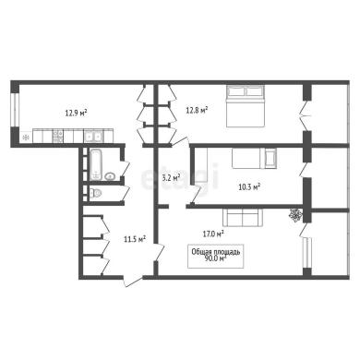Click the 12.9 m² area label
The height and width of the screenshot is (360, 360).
click(x=76, y=113)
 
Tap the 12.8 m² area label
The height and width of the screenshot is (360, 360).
click(x=197, y=109)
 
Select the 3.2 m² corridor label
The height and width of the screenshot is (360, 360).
click(x=171, y=177)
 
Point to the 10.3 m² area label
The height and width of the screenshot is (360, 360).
click(x=249, y=186)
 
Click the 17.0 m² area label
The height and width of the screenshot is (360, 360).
click(x=213, y=234)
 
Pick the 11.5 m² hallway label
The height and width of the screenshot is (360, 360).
click(x=135, y=239)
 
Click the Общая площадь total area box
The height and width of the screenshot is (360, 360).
click(x=216, y=256)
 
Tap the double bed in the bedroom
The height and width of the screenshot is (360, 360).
click(x=246, y=105)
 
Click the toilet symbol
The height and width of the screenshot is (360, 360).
click(x=95, y=193)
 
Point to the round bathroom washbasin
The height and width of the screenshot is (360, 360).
click(x=109, y=176)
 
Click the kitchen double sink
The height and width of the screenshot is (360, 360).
click(x=93, y=136)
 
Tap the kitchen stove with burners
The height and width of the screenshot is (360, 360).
click(x=58, y=136)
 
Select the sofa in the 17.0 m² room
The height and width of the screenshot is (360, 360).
click(x=243, y=217)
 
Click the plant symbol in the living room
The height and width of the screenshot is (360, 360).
click(x=295, y=215)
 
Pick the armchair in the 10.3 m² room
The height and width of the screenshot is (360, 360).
click(x=270, y=158)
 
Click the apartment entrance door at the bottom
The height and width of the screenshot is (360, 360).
click(x=133, y=281)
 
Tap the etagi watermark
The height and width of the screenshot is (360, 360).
click(x=180, y=177)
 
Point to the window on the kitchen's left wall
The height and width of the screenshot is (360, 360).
click(x=15, y=109)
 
